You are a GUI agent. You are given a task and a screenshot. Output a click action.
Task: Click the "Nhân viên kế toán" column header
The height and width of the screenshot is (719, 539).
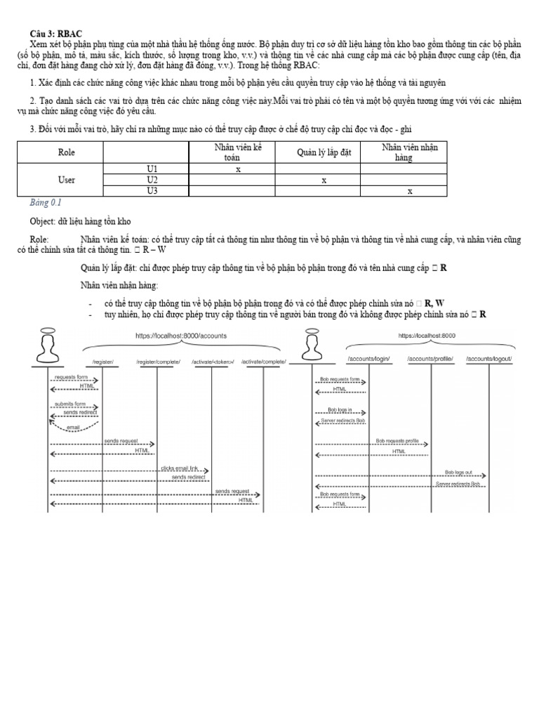(232, 152)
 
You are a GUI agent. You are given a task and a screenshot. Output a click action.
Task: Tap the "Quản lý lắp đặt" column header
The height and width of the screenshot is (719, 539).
(317, 152)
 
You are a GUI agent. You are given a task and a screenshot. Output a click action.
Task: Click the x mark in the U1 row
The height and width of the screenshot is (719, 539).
(238, 169)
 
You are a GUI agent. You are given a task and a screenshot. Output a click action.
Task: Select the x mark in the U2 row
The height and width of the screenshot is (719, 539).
(324, 180)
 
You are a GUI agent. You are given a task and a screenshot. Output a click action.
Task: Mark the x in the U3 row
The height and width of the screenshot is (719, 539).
(410, 190)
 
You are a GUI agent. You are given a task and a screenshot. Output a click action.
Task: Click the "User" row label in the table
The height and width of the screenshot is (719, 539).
(66, 180)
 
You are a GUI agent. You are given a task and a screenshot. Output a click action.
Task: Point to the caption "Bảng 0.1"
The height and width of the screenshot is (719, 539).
(46, 203)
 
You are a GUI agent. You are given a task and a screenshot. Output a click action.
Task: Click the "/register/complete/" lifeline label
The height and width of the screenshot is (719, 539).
(158, 362)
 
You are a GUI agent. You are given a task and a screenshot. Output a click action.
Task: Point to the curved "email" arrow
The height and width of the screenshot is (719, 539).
(74, 426)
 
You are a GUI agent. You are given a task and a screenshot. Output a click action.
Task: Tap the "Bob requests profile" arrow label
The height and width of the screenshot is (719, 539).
(397, 441)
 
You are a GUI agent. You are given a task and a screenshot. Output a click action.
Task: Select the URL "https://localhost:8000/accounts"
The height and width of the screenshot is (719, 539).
(181, 336)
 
